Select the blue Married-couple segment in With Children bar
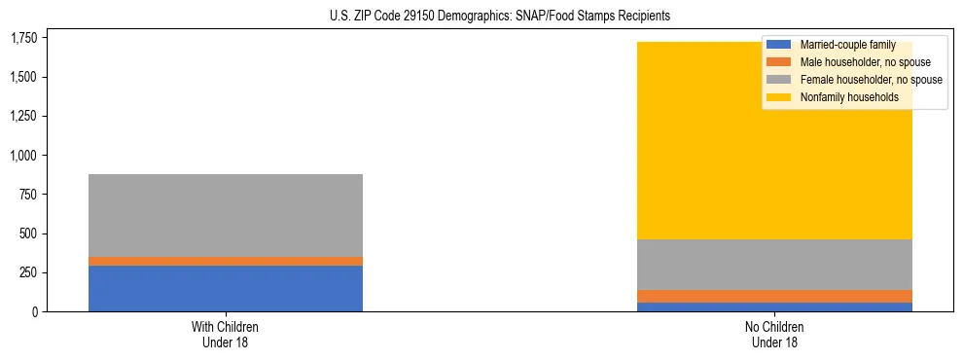point(226,288)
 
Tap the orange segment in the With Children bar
point(226,261)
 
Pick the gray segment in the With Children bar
point(226,215)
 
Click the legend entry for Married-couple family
point(846,45)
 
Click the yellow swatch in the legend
point(779,97)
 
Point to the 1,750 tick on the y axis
point(22,38)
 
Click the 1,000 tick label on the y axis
point(22,156)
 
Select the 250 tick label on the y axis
point(28,272)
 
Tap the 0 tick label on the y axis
point(34,311)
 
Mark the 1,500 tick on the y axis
point(22,77)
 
